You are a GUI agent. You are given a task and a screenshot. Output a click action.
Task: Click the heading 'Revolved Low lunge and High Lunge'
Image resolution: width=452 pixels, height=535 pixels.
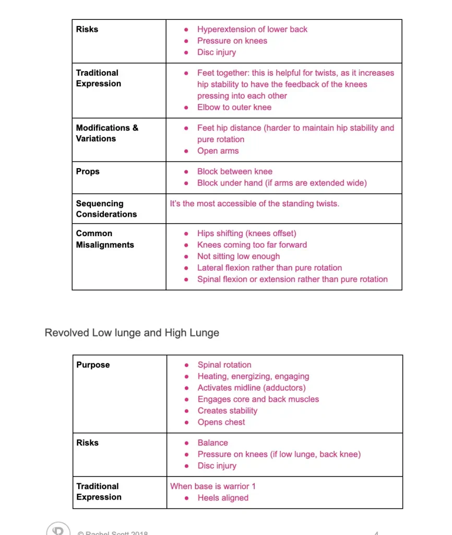tap(132, 333)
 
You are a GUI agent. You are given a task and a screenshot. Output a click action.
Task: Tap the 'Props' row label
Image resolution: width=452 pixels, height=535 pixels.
tap(88, 171)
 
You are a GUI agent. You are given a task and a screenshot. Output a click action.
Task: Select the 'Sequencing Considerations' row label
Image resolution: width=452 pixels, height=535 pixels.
tap(106, 208)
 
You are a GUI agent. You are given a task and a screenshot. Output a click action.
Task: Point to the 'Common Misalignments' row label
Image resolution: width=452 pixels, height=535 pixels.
tap(105, 239)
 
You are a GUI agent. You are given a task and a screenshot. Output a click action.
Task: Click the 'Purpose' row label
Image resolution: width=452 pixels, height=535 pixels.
tap(93, 365)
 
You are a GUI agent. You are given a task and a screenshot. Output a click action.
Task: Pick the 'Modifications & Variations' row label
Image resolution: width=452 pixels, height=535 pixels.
tap(107, 133)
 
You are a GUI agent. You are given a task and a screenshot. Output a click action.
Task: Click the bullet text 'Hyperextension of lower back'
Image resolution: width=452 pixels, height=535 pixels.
tap(252, 29)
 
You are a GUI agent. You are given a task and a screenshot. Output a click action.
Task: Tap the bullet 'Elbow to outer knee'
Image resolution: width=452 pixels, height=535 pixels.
tap(234, 107)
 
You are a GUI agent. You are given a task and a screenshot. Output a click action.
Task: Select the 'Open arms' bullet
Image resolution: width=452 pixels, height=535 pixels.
tap(218, 151)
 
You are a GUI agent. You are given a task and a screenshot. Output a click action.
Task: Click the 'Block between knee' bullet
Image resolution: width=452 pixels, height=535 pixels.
tap(234, 171)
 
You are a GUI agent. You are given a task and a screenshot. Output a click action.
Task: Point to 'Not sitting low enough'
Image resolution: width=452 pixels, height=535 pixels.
tap(238, 256)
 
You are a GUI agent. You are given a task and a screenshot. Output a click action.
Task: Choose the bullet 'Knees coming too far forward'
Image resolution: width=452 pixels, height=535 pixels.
tap(252, 245)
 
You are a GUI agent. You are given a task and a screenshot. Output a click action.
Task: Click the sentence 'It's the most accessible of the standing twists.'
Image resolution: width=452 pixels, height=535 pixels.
tap(254, 203)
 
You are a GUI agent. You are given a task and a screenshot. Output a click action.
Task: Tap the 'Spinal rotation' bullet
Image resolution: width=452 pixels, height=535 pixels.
tap(224, 365)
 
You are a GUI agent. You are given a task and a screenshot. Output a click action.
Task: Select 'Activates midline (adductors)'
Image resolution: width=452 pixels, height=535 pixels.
tap(251, 388)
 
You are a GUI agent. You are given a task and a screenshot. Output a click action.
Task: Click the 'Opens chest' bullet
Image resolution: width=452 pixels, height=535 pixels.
tap(221, 422)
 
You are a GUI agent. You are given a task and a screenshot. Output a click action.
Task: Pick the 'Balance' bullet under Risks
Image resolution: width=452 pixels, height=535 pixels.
tap(212, 443)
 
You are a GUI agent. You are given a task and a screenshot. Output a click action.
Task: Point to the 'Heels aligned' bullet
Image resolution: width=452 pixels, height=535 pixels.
tap(223, 497)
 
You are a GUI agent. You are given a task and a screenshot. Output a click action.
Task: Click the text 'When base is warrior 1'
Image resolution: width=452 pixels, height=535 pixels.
tap(213, 486)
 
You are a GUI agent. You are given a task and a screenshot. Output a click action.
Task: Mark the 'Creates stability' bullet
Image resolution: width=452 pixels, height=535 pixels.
tap(227, 411)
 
